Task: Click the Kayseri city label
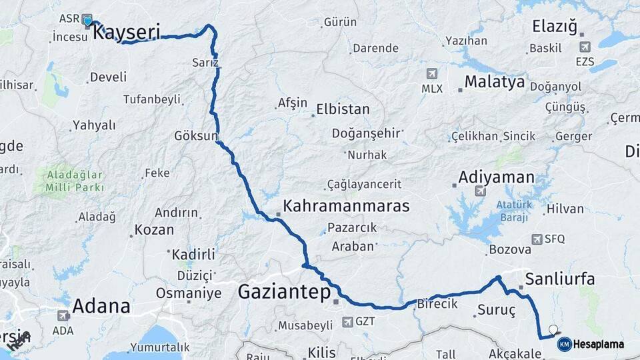click(x=127, y=31)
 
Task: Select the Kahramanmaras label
click(x=346, y=205)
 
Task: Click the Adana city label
click(x=101, y=306)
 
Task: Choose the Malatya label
click(x=495, y=82)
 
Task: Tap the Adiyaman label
click(x=497, y=177)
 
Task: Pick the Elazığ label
click(x=554, y=26)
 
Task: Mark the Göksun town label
click(x=196, y=136)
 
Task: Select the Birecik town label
click(x=437, y=303)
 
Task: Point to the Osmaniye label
click(x=189, y=293)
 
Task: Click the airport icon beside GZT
click(x=347, y=322)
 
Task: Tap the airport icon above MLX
click(x=432, y=73)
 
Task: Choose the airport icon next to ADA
click(x=63, y=315)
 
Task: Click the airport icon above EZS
click(x=585, y=47)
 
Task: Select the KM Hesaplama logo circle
click(x=564, y=344)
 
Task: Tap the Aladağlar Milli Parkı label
click(x=66, y=181)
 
